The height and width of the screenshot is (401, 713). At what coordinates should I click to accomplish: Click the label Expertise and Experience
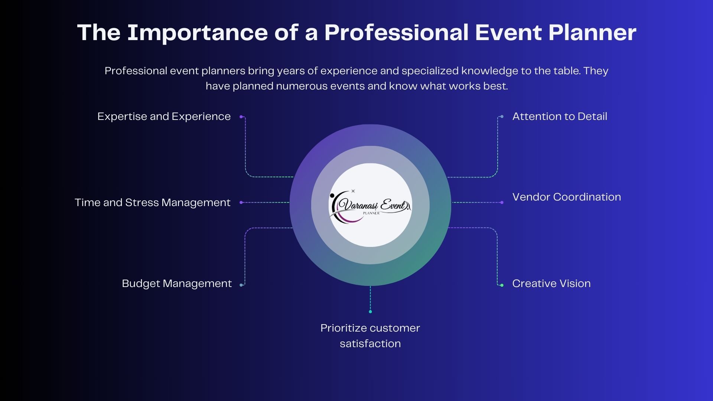164,117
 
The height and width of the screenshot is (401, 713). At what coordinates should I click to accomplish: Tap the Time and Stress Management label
152,202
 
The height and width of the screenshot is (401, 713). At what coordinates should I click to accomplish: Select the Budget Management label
177,284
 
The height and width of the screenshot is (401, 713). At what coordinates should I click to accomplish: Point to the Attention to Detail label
560,117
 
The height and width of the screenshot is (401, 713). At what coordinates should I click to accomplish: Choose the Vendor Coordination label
566,197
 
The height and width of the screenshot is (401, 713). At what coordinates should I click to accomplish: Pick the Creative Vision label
551,284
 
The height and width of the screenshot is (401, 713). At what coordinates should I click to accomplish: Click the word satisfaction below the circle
370,344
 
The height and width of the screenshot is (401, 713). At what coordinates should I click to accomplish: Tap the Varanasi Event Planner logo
370,205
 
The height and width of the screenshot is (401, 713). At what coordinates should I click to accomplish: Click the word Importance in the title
198,33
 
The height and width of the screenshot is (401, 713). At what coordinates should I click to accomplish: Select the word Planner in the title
592,33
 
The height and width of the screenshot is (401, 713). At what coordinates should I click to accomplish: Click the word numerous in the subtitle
302,86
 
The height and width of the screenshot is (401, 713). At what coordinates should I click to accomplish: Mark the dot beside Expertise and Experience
241,117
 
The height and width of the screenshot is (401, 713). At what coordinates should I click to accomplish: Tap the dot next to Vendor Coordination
502,202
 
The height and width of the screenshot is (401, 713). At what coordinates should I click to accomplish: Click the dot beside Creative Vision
502,285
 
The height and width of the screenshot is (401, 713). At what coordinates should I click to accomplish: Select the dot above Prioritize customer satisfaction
370,312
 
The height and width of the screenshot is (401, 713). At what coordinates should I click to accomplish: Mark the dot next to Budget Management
241,285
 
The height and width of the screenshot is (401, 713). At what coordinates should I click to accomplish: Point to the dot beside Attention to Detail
502,117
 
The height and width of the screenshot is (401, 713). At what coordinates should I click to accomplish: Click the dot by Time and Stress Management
241,202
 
